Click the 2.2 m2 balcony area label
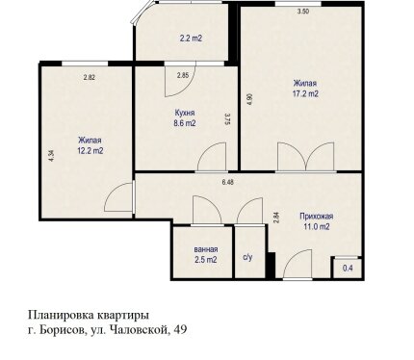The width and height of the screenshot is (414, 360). click(191, 39)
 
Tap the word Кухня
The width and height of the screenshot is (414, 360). click(185, 113)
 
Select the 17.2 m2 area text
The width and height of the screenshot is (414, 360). click(305, 94)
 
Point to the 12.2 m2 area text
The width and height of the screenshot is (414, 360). click(91, 150)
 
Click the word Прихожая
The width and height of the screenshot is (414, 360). click(317, 217)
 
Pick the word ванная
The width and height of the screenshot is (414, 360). click(206, 249)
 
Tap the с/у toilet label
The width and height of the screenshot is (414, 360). click(247, 257)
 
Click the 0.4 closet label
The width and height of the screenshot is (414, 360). click(348, 268)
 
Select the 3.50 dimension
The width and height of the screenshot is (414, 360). click(303, 12)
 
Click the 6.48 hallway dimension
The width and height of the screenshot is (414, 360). click(227, 182)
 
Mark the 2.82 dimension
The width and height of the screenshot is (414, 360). click(90, 77)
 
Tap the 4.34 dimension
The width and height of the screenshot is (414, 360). click(52, 156)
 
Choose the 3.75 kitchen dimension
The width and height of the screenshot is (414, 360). click(228, 118)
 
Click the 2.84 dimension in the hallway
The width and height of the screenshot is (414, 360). click(277, 219)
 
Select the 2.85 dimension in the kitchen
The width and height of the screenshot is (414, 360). click(183, 76)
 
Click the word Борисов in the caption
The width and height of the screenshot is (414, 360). click(62, 329)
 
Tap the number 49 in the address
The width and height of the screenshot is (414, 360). click(180, 329)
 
